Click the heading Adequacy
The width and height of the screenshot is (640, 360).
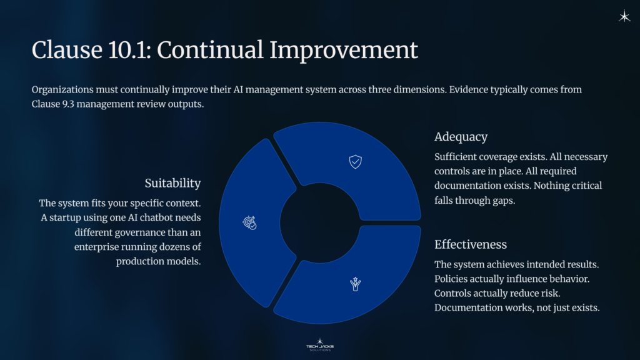tap(461, 136)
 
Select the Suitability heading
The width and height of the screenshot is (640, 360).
tap(172, 183)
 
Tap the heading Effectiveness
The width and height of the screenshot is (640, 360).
tap(470, 244)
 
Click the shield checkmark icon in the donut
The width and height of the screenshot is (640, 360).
tap(355, 162)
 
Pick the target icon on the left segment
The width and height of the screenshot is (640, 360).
tap(249, 222)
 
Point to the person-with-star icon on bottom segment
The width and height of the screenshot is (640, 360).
tap(355, 284)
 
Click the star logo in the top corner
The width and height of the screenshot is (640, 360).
tap(624, 17)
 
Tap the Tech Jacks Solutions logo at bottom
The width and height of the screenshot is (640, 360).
tap(320, 344)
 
